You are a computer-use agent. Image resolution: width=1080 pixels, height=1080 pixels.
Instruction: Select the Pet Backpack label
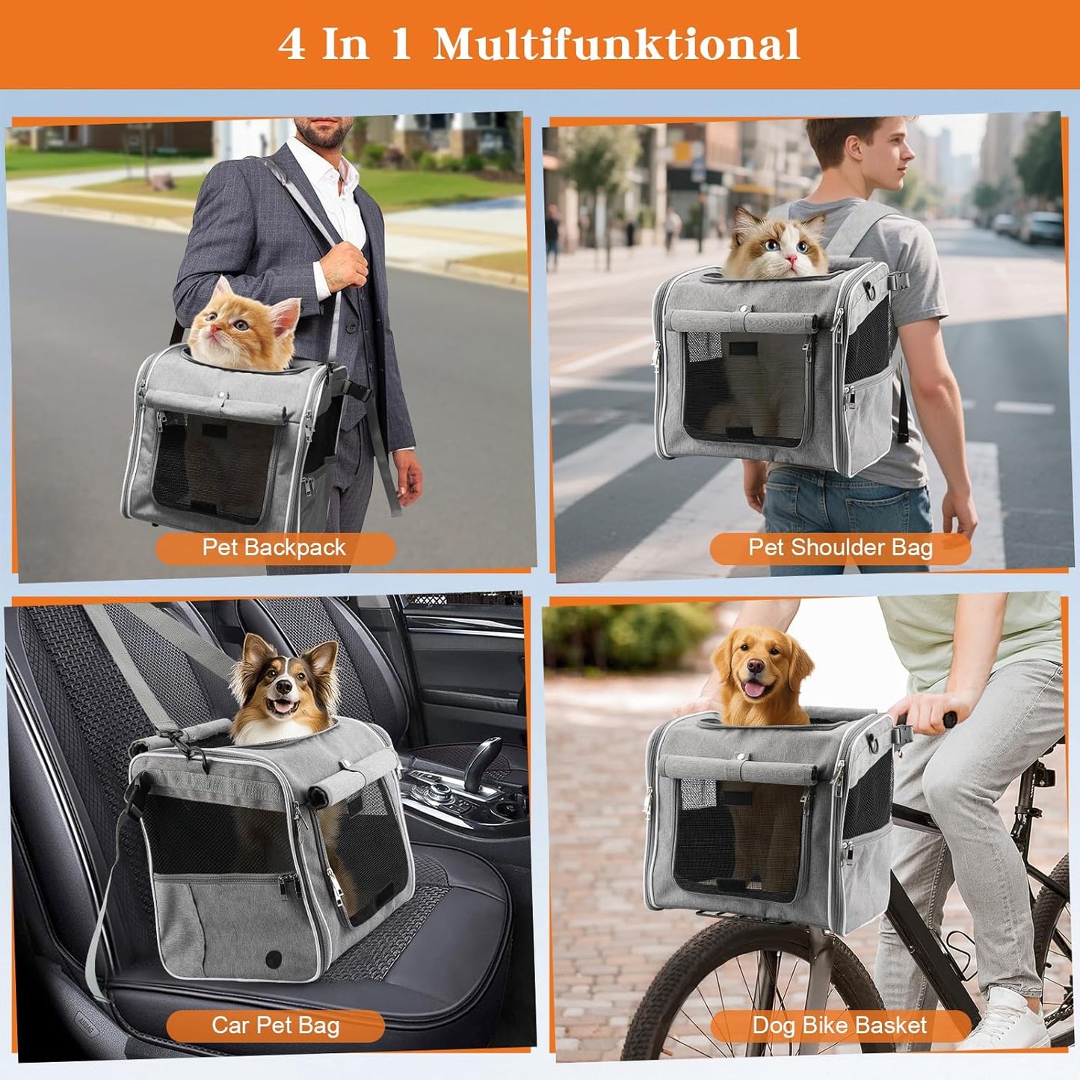[274, 548]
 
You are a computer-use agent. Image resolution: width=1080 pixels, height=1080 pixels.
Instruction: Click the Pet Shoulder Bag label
[840, 548]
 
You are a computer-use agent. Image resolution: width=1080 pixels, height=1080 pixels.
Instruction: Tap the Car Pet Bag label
[275, 1025]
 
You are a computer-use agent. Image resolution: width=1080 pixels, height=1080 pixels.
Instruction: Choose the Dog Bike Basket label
[839, 1025]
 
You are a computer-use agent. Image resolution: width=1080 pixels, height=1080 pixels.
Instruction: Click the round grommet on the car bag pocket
[275, 957]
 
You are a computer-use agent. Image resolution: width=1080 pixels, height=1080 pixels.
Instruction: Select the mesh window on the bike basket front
[740, 837]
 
